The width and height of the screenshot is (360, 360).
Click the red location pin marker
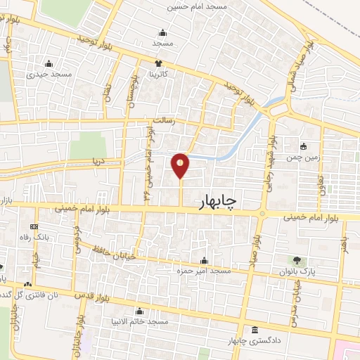[x=181, y=166]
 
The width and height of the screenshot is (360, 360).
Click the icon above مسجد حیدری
[x=48, y=63]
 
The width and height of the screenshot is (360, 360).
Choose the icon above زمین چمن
[x=303, y=146]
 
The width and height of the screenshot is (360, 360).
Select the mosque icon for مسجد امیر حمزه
[x=204, y=260]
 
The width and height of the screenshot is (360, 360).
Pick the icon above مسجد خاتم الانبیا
[x=139, y=311]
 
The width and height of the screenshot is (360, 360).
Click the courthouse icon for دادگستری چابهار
[x=254, y=330]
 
